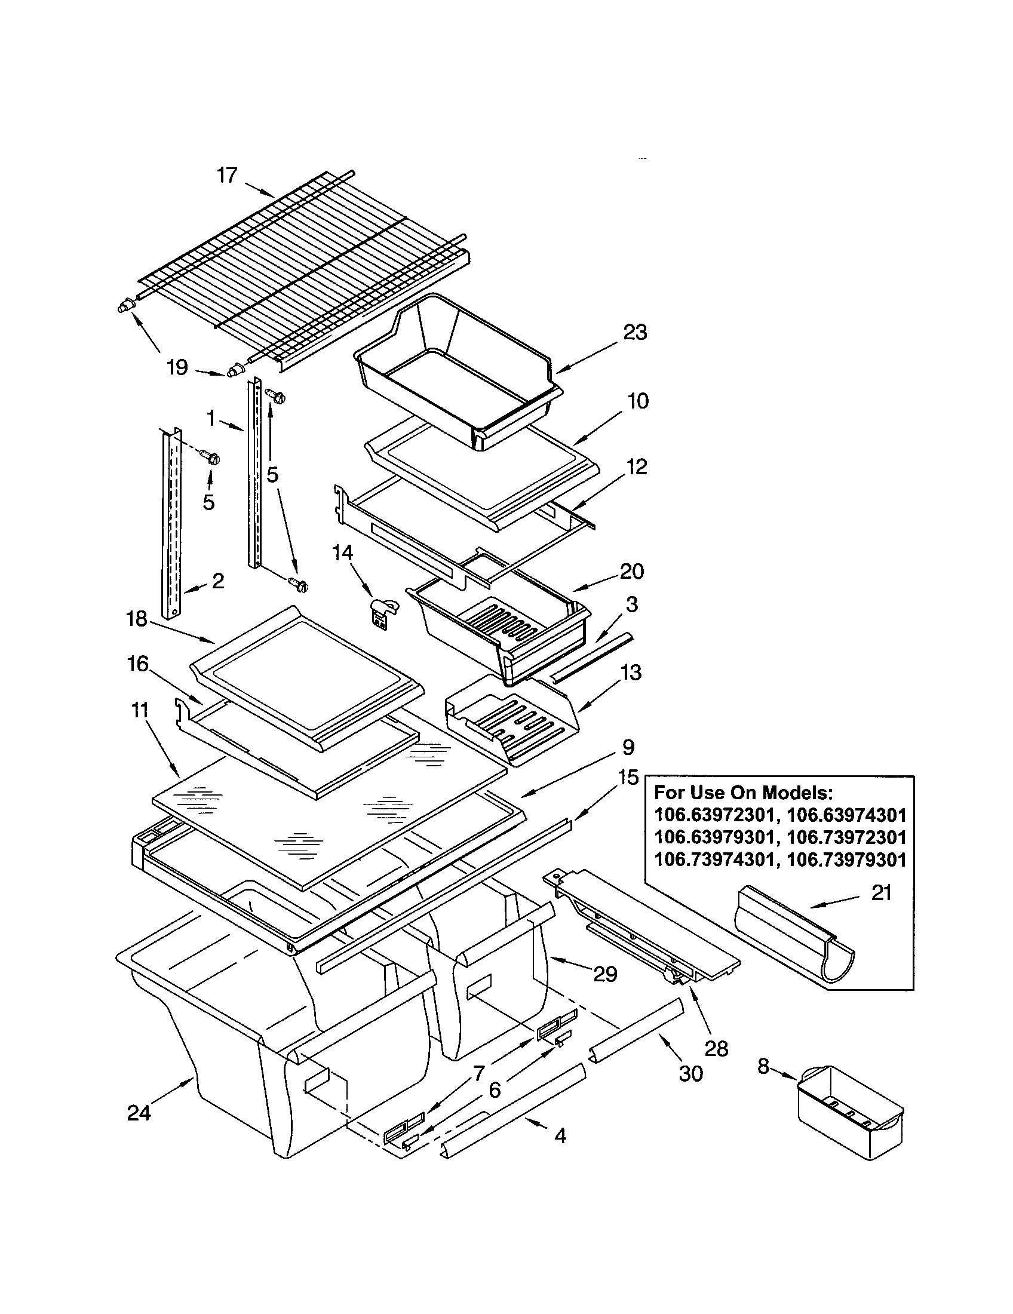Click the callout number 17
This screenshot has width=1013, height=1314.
228,176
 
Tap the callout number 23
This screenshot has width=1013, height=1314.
635,332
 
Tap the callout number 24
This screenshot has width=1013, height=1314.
139,1113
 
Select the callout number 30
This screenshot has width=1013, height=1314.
690,1073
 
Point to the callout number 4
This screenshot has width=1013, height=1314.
560,1136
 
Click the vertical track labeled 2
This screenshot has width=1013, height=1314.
171,523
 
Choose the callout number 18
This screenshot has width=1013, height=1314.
137,619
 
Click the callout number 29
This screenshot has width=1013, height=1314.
605,974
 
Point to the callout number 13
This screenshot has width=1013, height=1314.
630,672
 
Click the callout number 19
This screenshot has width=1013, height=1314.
177,367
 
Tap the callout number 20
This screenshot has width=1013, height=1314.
631,570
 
